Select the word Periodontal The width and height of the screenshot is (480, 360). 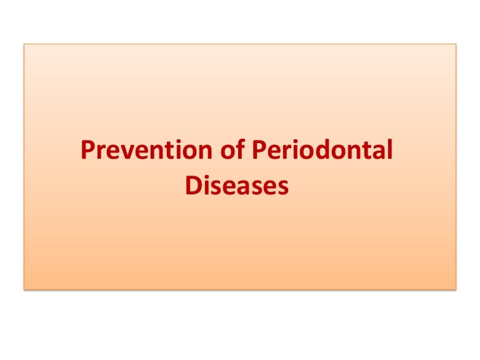(x=323, y=152)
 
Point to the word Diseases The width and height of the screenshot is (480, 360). (x=237, y=186)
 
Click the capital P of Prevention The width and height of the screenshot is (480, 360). (x=89, y=152)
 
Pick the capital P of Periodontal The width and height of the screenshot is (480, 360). (x=260, y=152)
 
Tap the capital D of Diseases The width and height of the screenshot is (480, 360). (x=192, y=186)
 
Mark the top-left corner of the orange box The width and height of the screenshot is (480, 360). (x=25, y=44)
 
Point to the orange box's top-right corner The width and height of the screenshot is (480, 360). (x=456, y=44)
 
